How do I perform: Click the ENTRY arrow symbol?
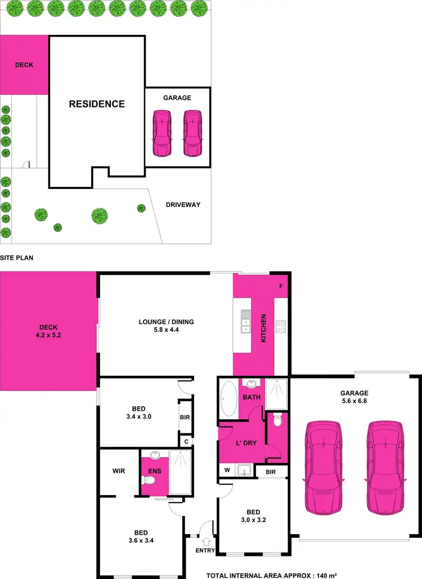tap(206, 541)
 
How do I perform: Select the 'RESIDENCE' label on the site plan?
tap(97, 104)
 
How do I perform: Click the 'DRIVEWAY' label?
tap(183, 205)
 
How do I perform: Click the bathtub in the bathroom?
tap(228, 398)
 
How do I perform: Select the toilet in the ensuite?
tap(149, 480)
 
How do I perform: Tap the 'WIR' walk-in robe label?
tap(119, 471)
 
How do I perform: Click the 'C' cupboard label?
tap(186, 442)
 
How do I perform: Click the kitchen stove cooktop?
tap(281, 326)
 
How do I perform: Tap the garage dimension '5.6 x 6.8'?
tap(354, 401)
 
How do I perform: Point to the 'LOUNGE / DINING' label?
tap(166, 322)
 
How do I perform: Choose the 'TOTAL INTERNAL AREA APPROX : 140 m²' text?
tap(272, 575)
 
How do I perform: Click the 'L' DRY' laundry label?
tap(246, 443)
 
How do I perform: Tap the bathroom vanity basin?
tap(250, 384)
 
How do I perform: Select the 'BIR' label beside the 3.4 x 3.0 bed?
tap(185, 418)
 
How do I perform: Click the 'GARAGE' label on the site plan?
tap(177, 98)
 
